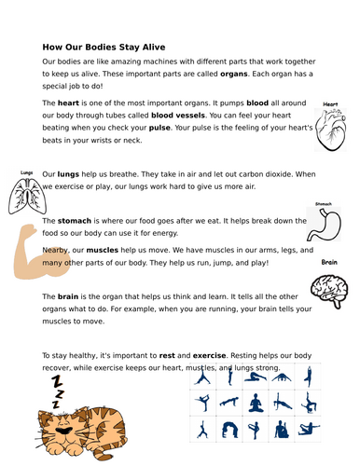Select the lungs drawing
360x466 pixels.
(27, 197)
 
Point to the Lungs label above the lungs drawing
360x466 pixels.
(26, 172)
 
